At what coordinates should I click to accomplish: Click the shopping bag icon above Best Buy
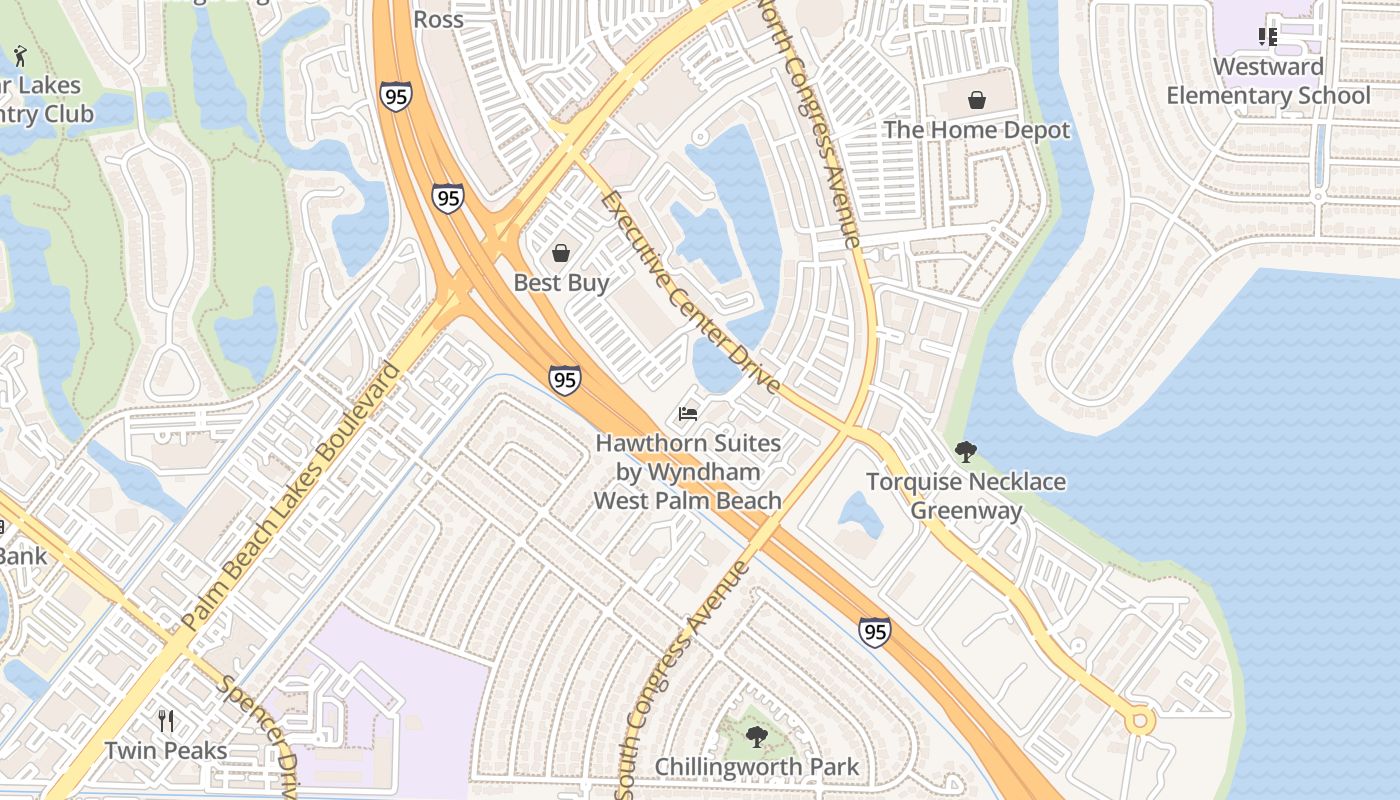[x=561, y=253]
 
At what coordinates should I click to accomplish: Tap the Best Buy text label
[x=561, y=283]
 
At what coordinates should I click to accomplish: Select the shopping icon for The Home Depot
[x=976, y=100]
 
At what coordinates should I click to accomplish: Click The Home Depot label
[x=976, y=130]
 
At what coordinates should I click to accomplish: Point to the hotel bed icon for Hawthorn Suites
[x=688, y=413]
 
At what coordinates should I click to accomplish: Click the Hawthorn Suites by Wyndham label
[x=688, y=471]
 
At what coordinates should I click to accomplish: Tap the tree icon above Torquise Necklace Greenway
[x=965, y=452]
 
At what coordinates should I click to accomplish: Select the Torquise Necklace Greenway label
[x=965, y=496]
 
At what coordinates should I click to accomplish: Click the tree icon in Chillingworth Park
[x=757, y=738]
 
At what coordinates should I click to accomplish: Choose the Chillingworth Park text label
[x=757, y=768]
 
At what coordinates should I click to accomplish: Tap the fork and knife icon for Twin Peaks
[x=166, y=720]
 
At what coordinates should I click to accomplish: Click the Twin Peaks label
[x=166, y=750]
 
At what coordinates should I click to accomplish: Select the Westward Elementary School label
[x=1268, y=81]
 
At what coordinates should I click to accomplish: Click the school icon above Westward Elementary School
[x=1268, y=37]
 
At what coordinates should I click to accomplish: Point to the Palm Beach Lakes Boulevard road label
[x=292, y=496]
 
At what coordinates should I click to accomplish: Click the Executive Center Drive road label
[x=690, y=291]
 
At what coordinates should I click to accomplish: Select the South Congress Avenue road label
[x=685, y=680]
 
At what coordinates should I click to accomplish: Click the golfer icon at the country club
[x=19, y=56]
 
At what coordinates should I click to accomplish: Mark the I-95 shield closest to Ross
[x=396, y=97]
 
